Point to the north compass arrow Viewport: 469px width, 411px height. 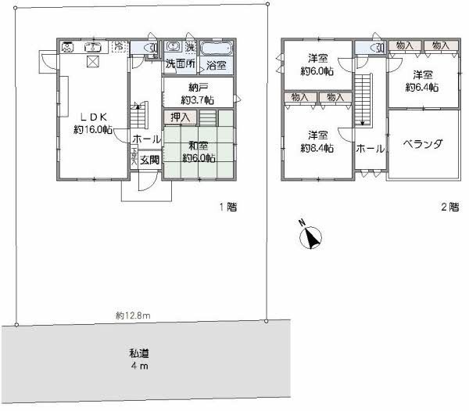click(311, 238)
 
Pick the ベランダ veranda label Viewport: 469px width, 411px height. click(424, 144)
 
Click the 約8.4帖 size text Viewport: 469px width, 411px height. click(318, 147)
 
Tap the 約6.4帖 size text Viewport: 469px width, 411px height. click(422, 87)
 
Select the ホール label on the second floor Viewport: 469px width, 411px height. click(369, 147)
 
